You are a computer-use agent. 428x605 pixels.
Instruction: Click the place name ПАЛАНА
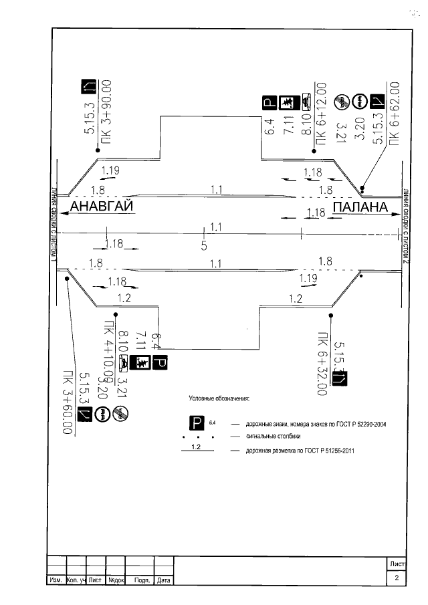coord(360,207)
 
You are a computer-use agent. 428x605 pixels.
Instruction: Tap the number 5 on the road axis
coord(204,246)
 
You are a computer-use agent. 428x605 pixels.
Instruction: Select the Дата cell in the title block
coord(164,580)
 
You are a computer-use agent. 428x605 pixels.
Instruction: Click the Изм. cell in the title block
coord(55,580)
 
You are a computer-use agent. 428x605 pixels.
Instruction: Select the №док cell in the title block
coord(117,580)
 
